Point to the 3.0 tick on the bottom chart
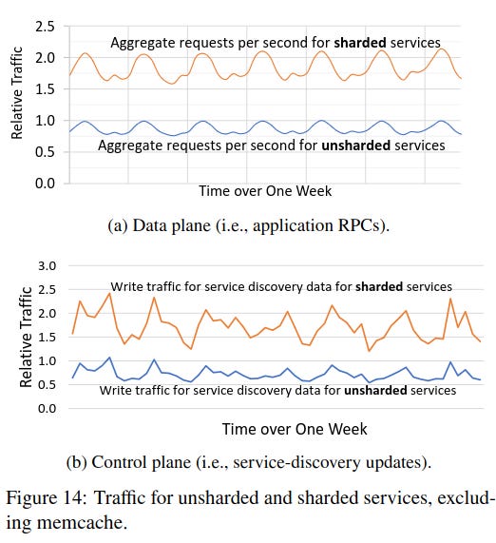click(x=46, y=265)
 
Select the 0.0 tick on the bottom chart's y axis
click(x=46, y=409)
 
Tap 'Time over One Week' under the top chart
click(x=265, y=191)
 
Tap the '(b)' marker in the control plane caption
click(x=79, y=463)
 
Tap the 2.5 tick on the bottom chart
click(x=46, y=289)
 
